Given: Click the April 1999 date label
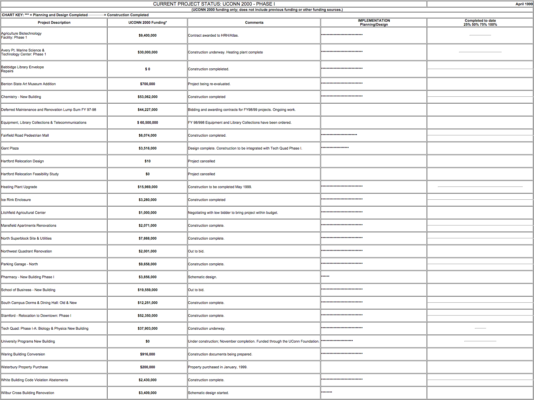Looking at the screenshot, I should pyautogui.click(x=524, y=4).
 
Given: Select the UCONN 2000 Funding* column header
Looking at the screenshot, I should pyautogui.click(x=147, y=22).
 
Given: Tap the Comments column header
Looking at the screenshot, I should pyautogui.click(x=254, y=22).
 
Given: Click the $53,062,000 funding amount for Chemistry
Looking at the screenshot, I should pyautogui.click(x=147, y=97).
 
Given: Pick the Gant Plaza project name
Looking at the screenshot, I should pyautogui.click(x=10, y=148).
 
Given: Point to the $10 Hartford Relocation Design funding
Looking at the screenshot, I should pyautogui.click(x=147, y=161).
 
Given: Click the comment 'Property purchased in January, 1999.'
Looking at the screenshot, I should pyautogui.click(x=217, y=367).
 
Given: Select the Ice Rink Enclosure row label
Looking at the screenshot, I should pyautogui.click(x=16, y=200).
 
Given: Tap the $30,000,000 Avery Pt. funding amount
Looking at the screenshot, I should pyautogui.click(x=147, y=52).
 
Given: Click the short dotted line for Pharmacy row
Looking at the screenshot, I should pyautogui.click(x=325, y=276).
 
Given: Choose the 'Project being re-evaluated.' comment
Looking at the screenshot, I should pyautogui.click(x=209, y=84).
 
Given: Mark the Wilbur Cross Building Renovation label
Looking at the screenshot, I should pyautogui.click(x=28, y=393).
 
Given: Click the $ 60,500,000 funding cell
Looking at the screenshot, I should pyautogui.click(x=147, y=122).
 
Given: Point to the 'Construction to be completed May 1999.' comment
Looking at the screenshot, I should pyautogui.click(x=220, y=187).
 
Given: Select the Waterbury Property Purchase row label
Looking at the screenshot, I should pyautogui.click(x=24, y=367).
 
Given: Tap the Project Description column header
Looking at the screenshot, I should pyautogui.click(x=54, y=22).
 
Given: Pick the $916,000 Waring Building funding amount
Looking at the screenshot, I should pyautogui.click(x=147, y=354).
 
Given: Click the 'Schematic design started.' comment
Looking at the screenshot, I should pyautogui.click(x=208, y=393).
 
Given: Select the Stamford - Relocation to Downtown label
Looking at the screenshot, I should pyautogui.click(x=36, y=316).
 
